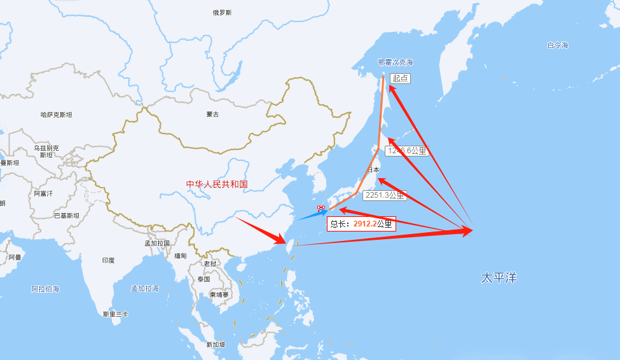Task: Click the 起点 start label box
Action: coord(400,78)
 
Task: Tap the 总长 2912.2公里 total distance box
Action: coord(361,224)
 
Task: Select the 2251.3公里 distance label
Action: coord(384,196)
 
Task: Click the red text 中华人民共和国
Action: coord(216,184)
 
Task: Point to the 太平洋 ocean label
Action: coord(499,278)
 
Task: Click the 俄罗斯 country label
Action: coord(222,13)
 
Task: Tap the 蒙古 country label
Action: coord(212,114)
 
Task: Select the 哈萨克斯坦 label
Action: coord(56,115)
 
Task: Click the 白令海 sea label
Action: coord(557,45)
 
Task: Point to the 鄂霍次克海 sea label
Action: coord(395,62)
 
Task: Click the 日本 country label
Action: coord(373,170)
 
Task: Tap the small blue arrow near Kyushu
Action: coord(312,214)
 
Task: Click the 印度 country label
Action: coord(108,260)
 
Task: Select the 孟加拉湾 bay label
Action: coord(144,289)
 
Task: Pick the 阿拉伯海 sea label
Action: coord(45,289)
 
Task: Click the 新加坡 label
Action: coord(216,345)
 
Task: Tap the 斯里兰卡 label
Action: coord(115,314)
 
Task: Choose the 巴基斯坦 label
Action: coord(66,215)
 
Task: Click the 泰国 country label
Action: coord(203,279)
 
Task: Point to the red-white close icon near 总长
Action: coord(321,209)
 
